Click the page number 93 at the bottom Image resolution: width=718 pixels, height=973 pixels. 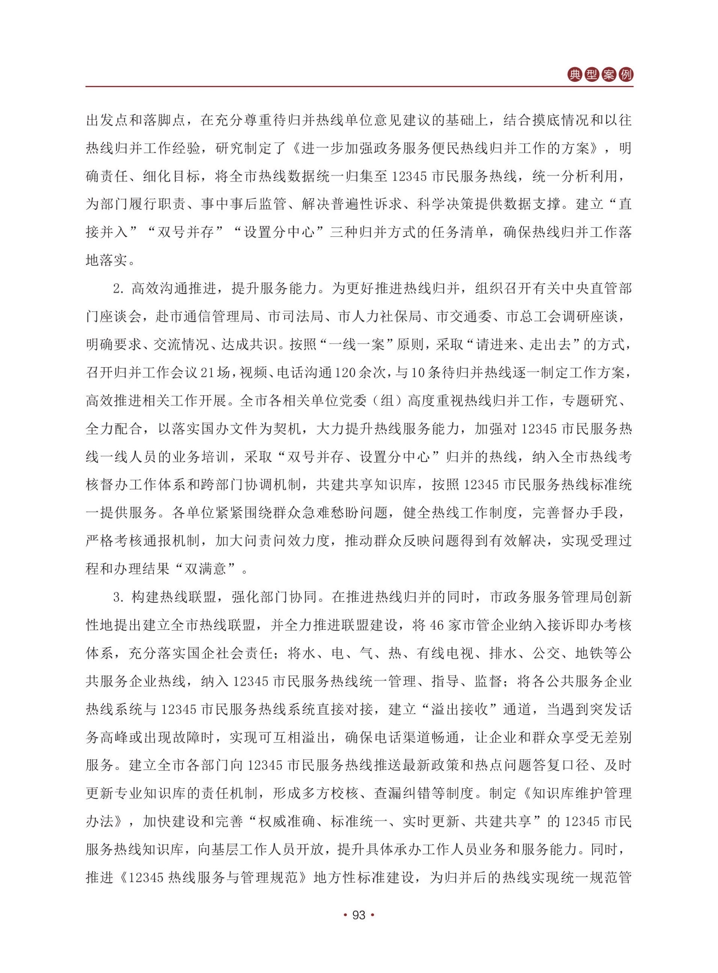pos(359,915)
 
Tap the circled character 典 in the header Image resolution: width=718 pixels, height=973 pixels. pos(575,75)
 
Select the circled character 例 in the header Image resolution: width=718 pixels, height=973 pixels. pos(626,75)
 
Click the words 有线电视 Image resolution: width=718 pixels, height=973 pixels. pos(445,653)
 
